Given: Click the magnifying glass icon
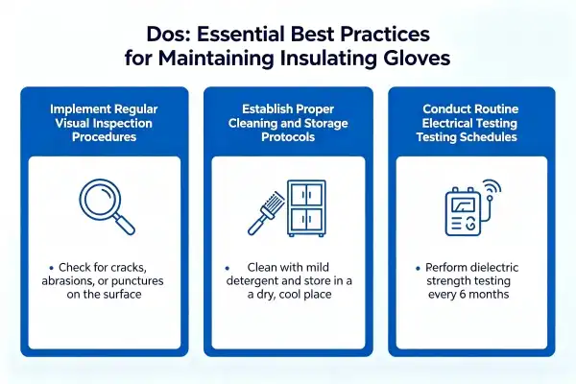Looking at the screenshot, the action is pyautogui.click(x=107, y=206).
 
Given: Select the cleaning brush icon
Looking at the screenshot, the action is pyautogui.click(x=266, y=212).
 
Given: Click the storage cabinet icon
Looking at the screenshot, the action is pyautogui.click(x=306, y=208).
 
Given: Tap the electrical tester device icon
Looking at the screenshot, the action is pyautogui.click(x=463, y=212).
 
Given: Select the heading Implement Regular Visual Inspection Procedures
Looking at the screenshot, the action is pyautogui.click(x=104, y=123).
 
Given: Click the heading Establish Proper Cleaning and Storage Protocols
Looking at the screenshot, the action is pyautogui.click(x=288, y=123).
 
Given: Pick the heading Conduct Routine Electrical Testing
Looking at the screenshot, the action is pyautogui.click(x=469, y=116).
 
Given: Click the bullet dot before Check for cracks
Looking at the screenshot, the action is pyautogui.click(x=52, y=268).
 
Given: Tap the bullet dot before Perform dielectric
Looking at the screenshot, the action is pyautogui.click(x=418, y=268).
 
